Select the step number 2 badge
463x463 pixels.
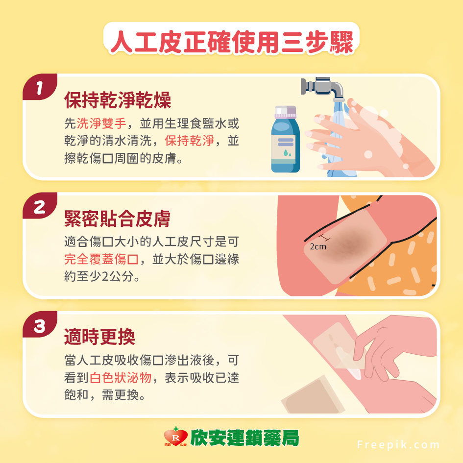click(x=40, y=207)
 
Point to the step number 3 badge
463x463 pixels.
click(x=40, y=326)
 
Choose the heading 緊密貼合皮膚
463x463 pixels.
click(x=118, y=219)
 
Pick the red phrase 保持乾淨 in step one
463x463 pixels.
click(x=189, y=141)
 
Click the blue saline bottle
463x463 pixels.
click(x=285, y=142)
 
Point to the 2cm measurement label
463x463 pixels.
click(x=318, y=246)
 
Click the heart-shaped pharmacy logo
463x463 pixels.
click(x=176, y=438)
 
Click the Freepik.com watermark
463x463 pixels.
click(x=398, y=445)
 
